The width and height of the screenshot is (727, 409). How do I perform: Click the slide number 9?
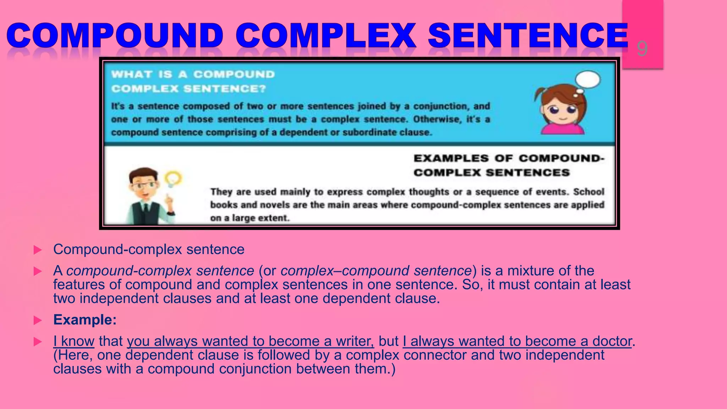[642, 49]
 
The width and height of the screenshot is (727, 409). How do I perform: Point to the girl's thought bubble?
[588, 80]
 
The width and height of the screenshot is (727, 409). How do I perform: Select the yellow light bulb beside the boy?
[173, 178]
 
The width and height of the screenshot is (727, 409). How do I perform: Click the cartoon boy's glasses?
[144, 185]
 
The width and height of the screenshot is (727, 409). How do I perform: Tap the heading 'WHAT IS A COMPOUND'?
[193, 74]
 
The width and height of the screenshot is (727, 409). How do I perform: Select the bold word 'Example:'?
[85, 320]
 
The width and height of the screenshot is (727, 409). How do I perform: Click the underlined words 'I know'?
[74, 341]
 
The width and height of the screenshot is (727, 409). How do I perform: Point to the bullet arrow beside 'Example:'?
[37, 321]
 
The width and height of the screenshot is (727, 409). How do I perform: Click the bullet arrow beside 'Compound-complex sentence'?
[37, 250]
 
